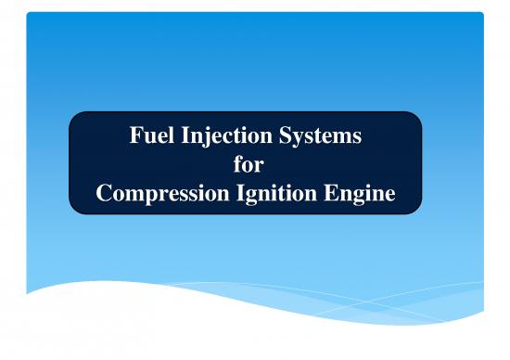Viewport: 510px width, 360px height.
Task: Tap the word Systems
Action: point(320,139)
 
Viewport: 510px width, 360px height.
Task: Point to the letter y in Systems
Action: point(300,142)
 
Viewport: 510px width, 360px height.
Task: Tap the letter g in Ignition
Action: point(261,199)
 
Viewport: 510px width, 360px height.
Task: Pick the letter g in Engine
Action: point(368,199)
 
